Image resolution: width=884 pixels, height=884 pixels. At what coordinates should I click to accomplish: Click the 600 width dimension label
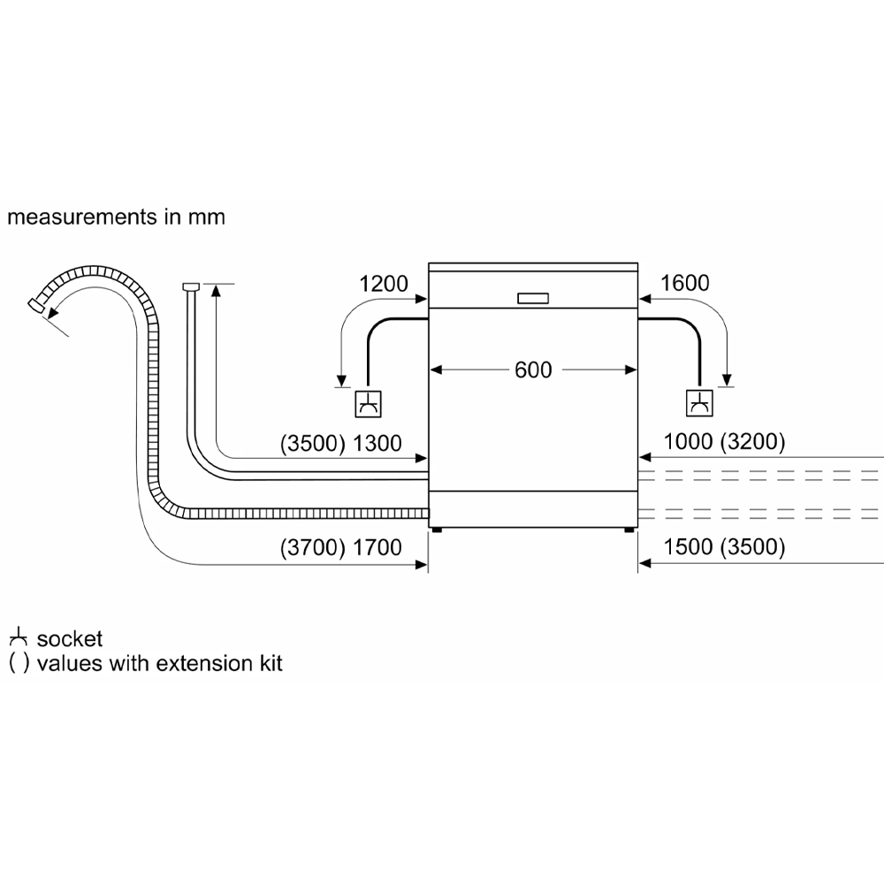[533, 370]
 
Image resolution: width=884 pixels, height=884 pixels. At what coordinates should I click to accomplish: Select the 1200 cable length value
[384, 284]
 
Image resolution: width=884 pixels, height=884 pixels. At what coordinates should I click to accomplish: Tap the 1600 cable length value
[684, 284]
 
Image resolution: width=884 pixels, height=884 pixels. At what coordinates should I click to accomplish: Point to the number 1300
[377, 444]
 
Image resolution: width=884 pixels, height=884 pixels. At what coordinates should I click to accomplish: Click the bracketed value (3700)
[311, 548]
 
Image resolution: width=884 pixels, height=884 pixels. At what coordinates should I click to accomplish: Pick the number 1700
[377, 548]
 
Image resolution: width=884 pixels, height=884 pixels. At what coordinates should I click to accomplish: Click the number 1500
[688, 548]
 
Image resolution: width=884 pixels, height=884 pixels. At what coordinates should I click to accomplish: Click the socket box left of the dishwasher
[368, 403]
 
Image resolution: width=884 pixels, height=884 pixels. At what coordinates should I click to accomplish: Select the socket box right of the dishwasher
[699, 403]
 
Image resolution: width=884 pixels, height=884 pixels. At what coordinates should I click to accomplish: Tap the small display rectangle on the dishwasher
[533, 298]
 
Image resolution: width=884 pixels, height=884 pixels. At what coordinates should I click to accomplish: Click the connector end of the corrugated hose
[36, 304]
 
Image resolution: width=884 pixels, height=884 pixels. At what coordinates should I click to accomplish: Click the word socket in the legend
[70, 639]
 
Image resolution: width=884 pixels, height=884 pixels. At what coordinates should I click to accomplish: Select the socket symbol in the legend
[17, 638]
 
